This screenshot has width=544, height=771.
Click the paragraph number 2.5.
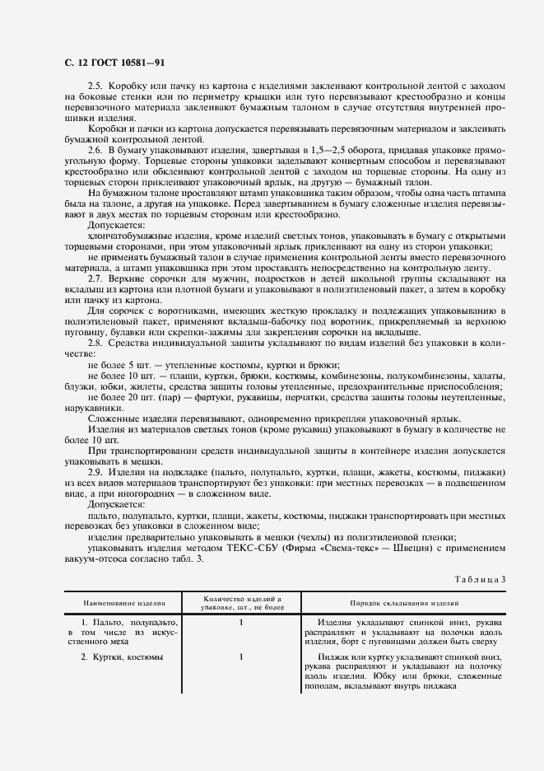pyautogui.click(x=95, y=85)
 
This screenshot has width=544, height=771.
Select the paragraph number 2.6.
pyautogui.click(x=95, y=148)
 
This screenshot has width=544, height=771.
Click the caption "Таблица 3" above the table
pyautogui.click(x=478, y=578)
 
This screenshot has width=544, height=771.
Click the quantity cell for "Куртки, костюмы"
pyautogui.click(x=241, y=657)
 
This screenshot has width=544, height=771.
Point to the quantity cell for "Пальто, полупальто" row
pyautogui.click(x=241, y=623)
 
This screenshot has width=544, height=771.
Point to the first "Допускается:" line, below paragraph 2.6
pyautogui.click(x=116, y=224)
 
